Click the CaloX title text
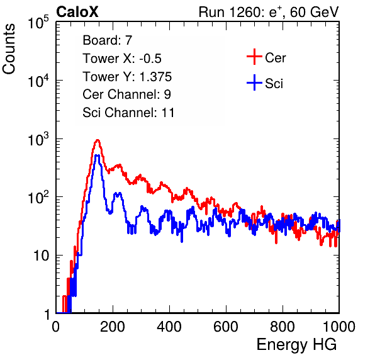coord(77,12)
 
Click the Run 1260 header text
coord(269,12)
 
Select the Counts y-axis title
coord(9,49)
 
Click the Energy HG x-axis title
coord(296,344)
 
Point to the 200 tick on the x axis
coord(113,327)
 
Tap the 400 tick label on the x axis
coord(169,327)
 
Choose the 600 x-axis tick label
coord(226,327)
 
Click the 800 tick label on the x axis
coord(283,327)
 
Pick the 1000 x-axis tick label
coord(339,327)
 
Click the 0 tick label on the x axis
coord(56,327)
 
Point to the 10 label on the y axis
coord(42,256)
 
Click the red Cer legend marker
coord(254,57)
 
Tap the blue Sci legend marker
coord(254,82)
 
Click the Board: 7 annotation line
coord(108,40)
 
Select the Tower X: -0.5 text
coord(122,59)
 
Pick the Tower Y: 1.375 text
coord(127,77)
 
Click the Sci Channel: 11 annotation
coord(128,113)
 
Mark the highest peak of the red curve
coord(98,140)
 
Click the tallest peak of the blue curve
coord(97,155)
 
